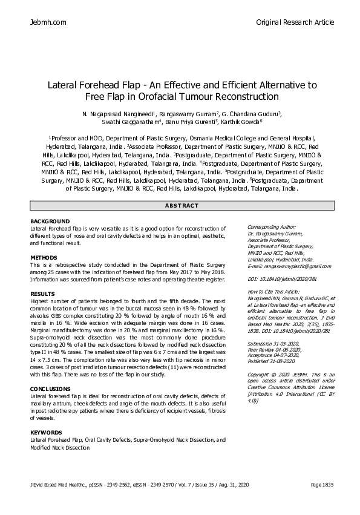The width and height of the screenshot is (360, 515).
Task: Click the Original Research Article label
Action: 295,22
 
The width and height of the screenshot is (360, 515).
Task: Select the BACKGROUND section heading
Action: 50,221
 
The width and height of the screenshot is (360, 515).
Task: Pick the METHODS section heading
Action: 44,258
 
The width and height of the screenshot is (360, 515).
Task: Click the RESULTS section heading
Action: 42,294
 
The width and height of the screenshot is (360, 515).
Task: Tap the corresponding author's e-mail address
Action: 289,266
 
